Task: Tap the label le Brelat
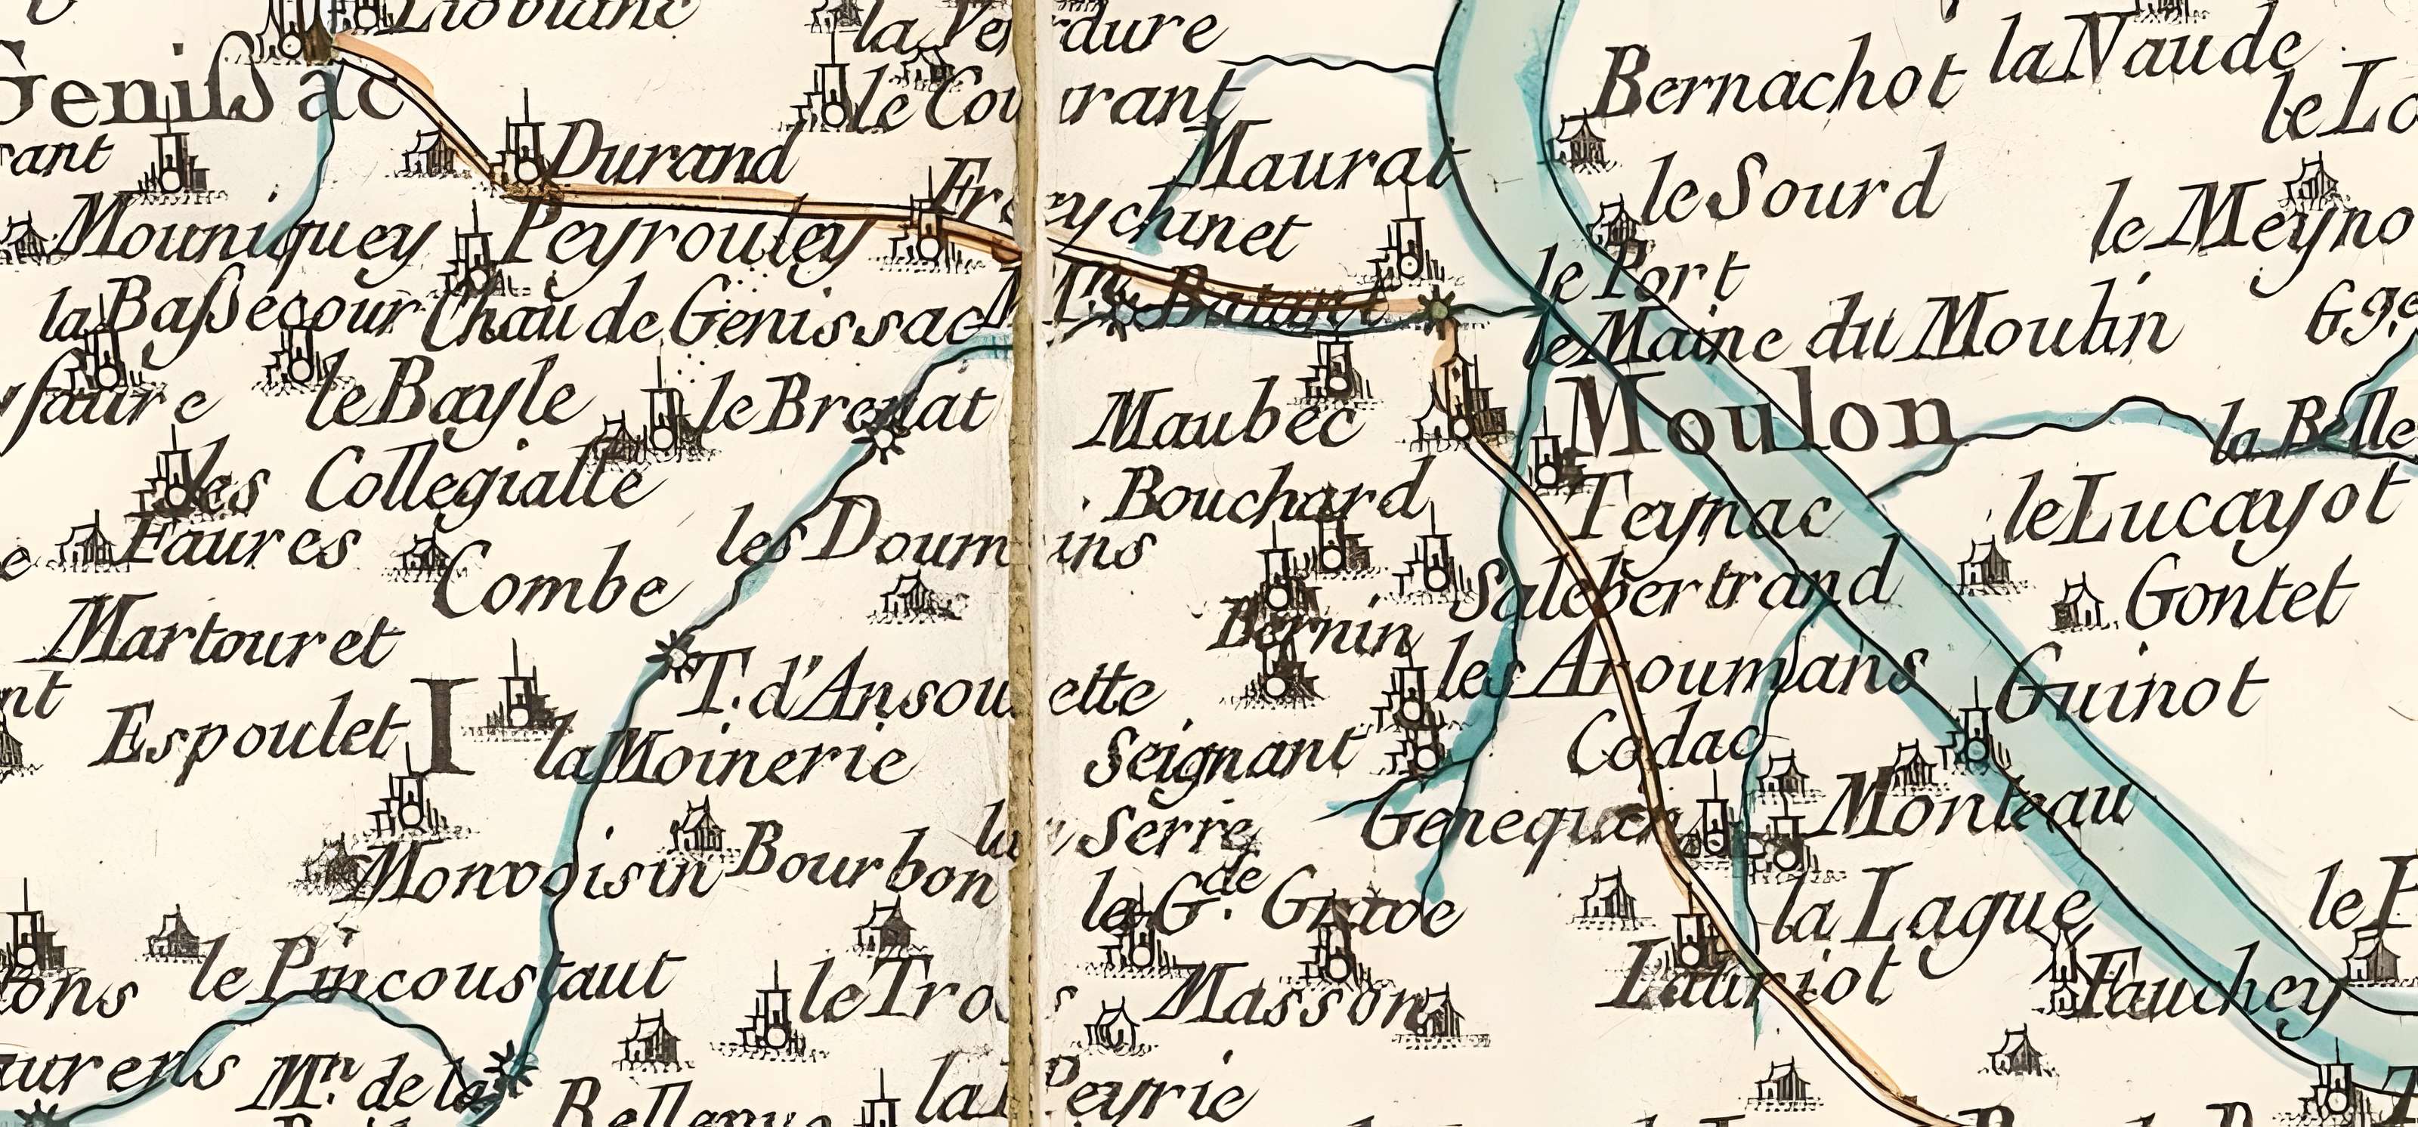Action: point(845,408)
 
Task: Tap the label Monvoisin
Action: point(535,878)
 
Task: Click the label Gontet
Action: point(2243,597)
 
